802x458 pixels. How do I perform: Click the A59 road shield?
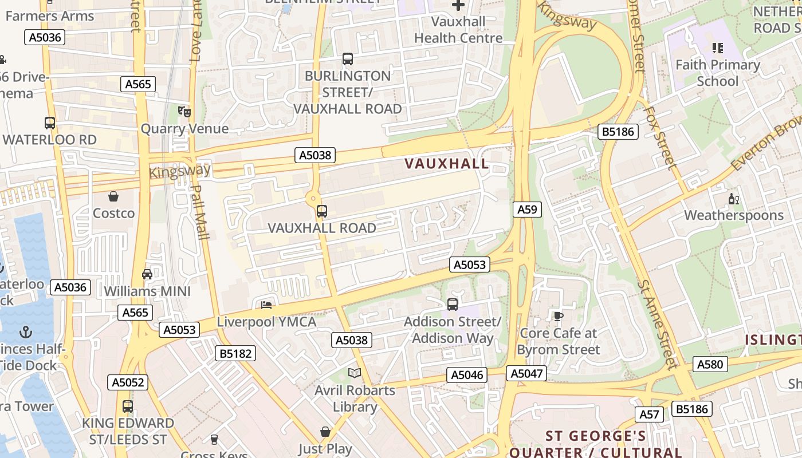tap(526, 210)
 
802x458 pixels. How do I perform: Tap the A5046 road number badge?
tap(467, 375)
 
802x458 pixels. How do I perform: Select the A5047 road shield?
tap(526, 374)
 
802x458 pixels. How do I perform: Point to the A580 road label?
tap(710, 364)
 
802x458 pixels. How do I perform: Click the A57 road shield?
tap(649, 414)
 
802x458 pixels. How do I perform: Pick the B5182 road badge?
tap(235, 353)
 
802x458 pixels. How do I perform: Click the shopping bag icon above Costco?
tap(113, 196)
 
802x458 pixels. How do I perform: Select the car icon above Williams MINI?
tap(147, 274)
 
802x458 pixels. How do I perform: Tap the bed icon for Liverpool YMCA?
tap(266, 304)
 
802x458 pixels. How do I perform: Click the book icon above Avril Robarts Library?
tap(355, 373)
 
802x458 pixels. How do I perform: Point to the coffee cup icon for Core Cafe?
tap(558, 315)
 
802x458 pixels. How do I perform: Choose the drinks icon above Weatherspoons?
tap(733, 199)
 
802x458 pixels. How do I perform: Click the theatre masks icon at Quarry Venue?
tap(184, 111)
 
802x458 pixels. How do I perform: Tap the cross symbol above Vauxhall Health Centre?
tap(458, 5)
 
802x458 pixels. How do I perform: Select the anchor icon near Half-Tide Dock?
tap(25, 331)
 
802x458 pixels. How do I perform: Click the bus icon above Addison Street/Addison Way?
tap(453, 304)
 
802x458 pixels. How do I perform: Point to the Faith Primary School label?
tap(717, 73)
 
